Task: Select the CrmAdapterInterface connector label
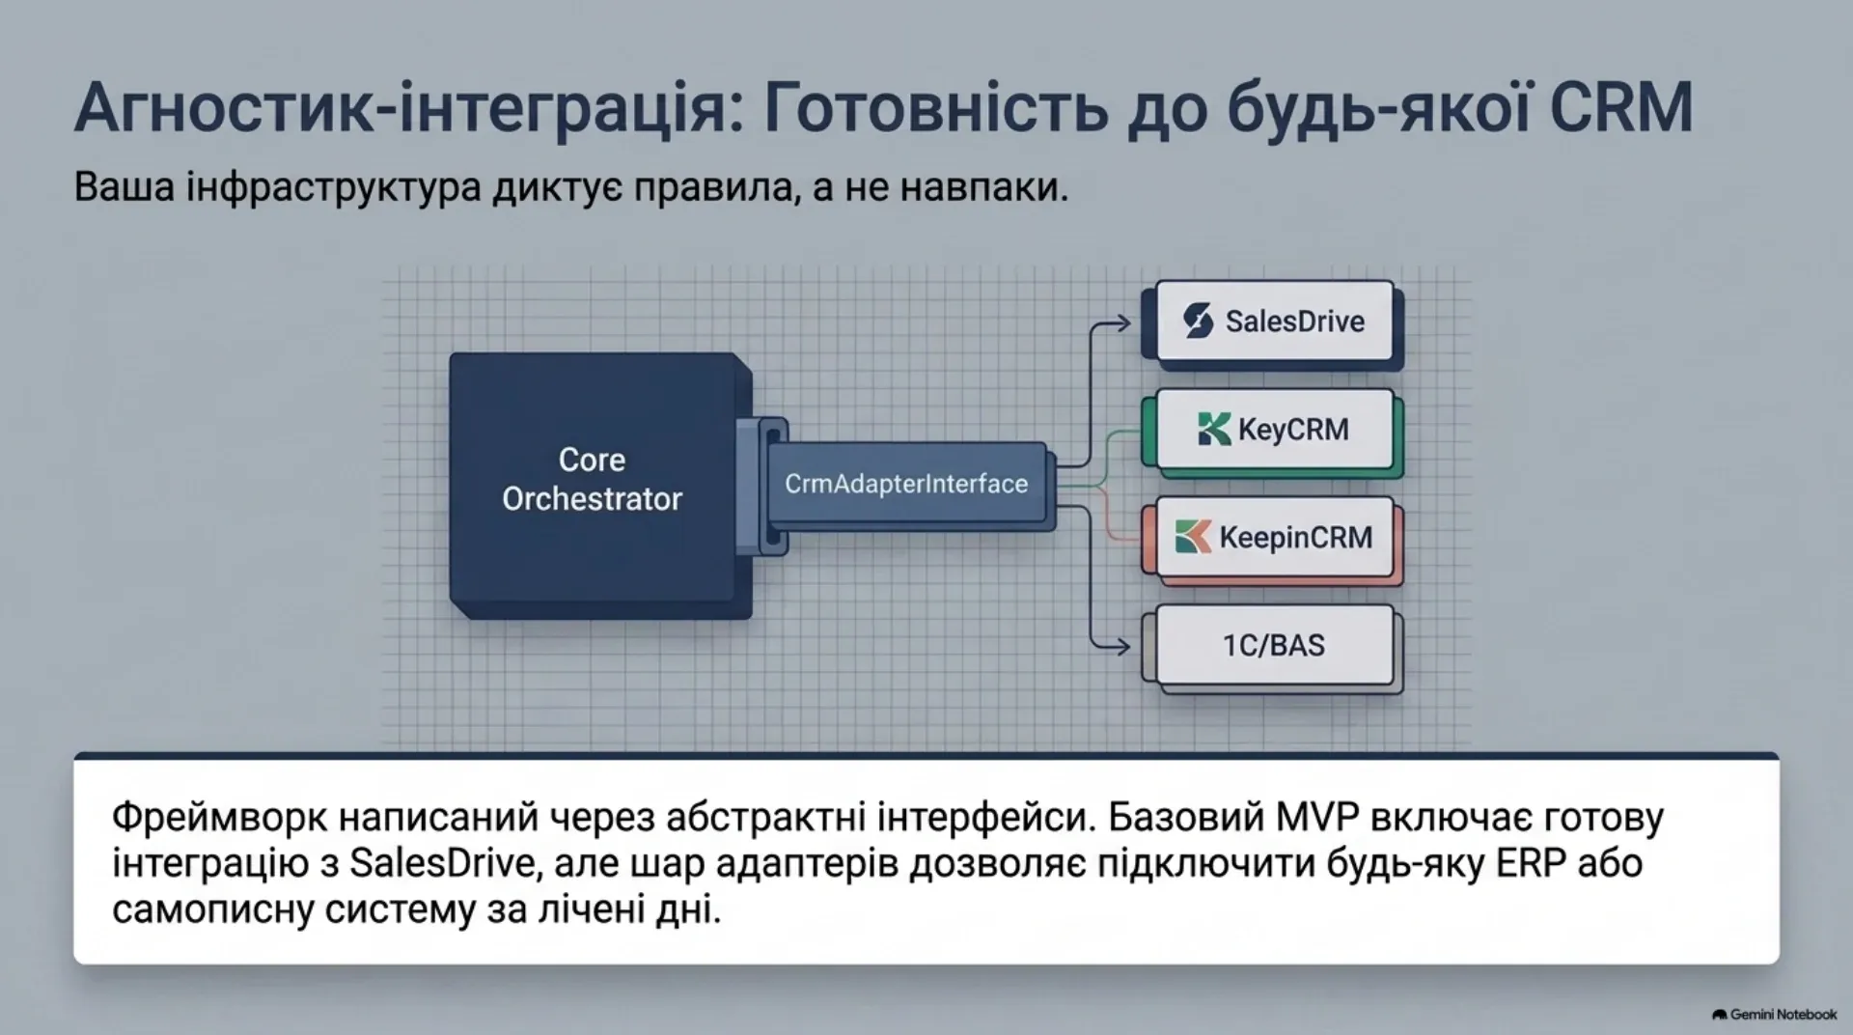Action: (906, 484)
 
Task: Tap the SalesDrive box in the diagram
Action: (1273, 322)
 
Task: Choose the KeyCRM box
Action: (1273, 430)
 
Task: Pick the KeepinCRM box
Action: (1273, 538)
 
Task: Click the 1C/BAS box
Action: (1273, 645)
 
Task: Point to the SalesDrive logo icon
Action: (1198, 321)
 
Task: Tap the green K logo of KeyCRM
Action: (1213, 429)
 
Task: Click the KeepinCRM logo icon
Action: (1193, 537)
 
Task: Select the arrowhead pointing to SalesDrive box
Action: (1121, 323)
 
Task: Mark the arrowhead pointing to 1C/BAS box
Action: (1121, 646)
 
